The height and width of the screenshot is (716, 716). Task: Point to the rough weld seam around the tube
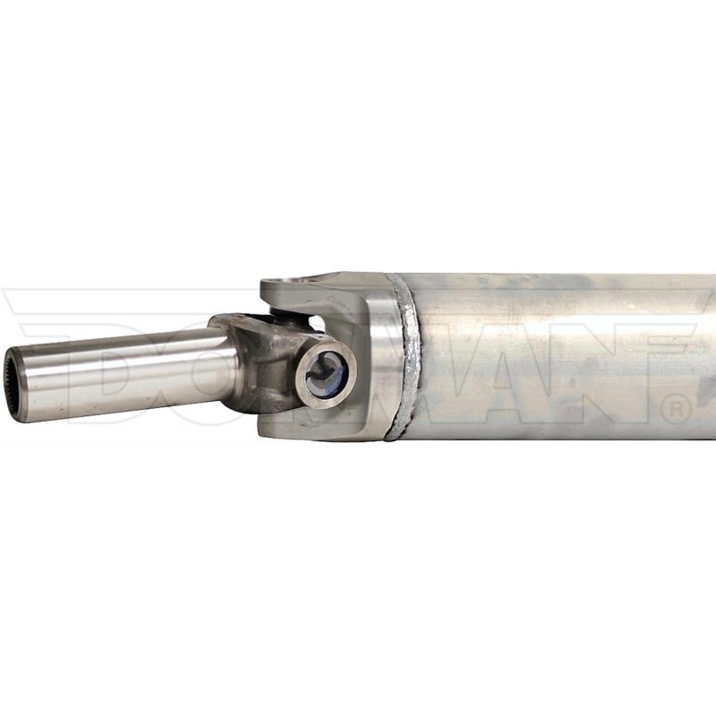pos(406,356)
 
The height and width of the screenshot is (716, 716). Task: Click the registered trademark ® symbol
pos(677,410)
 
